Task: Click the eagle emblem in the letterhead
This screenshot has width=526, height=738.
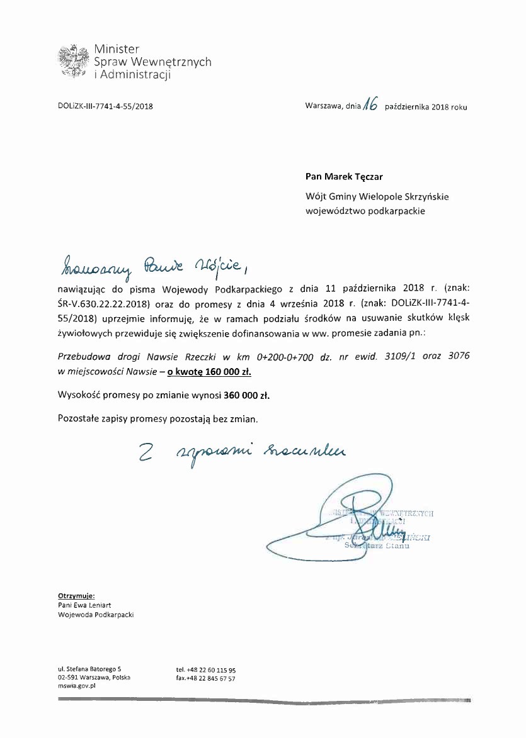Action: coord(72,61)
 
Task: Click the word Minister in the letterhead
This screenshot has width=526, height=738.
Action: coord(117,49)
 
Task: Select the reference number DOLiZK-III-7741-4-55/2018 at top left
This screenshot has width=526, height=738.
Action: coord(105,106)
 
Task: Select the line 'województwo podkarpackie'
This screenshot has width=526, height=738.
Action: coord(365,211)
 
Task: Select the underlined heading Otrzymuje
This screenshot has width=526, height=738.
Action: coord(76,595)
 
